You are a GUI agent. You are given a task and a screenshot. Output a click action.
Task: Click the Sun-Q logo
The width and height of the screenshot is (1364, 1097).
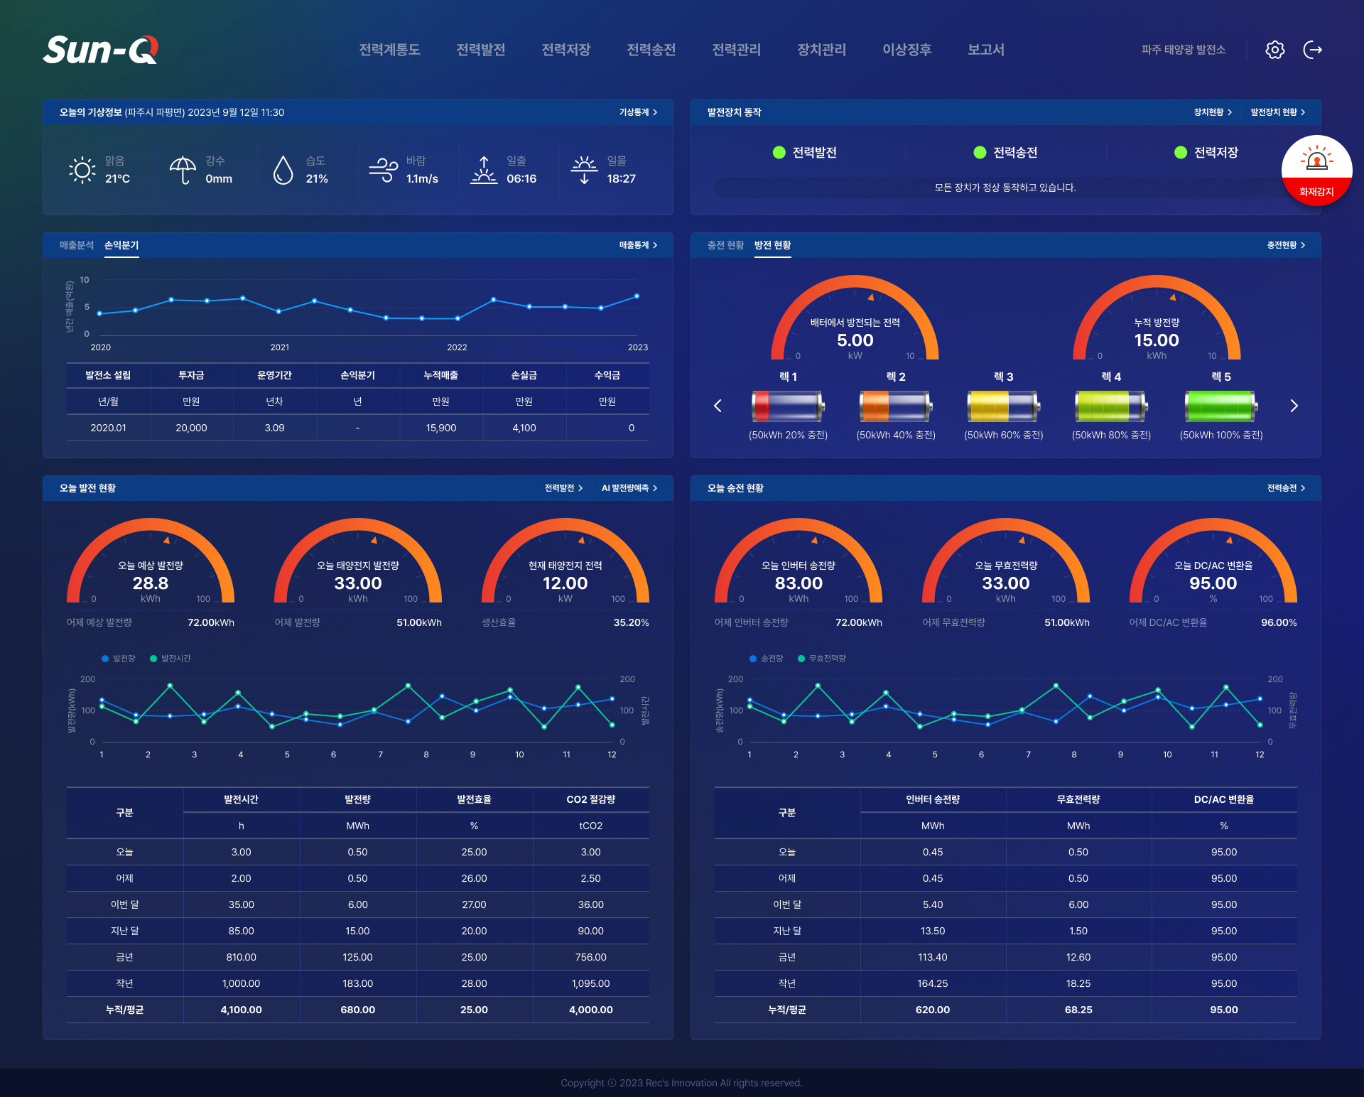100,50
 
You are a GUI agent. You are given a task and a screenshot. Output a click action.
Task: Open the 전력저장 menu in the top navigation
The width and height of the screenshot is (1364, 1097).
565,50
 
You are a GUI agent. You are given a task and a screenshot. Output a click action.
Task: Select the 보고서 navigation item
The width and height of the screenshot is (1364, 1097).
985,50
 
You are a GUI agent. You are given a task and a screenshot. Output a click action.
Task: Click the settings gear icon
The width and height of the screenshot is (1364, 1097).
1274,50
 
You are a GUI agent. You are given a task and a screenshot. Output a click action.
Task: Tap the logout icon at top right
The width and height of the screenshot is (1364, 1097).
1312,50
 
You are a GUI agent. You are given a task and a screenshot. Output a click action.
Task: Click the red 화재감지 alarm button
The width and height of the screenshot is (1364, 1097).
1316,171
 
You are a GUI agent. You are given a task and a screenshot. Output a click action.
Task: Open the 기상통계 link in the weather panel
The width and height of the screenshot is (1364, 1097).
637,112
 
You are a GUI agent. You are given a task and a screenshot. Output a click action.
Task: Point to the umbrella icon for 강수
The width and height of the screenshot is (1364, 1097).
183,170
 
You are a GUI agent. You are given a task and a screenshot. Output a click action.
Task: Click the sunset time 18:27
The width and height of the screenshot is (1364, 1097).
621,179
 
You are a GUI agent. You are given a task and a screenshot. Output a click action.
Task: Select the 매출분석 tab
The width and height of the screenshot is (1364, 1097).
77,245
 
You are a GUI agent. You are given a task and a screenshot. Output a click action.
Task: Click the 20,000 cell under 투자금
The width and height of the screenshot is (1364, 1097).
191,428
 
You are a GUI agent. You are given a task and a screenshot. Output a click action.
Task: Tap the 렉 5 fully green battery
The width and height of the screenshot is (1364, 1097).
1220,406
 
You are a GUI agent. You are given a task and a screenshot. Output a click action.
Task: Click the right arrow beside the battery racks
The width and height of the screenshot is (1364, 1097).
1294,406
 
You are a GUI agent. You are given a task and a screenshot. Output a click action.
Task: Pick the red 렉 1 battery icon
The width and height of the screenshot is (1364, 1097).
787,406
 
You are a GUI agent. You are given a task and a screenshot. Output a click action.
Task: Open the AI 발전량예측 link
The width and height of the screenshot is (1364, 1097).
629,488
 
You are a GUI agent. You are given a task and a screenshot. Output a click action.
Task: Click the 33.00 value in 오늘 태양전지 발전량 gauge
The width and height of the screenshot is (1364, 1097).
358,583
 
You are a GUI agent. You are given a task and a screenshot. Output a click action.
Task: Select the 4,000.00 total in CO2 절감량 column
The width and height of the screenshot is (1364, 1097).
590,1010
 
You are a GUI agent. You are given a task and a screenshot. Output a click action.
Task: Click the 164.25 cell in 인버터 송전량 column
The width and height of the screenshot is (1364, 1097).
932,983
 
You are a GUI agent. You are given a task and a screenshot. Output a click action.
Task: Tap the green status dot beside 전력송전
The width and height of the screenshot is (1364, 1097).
980,152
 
